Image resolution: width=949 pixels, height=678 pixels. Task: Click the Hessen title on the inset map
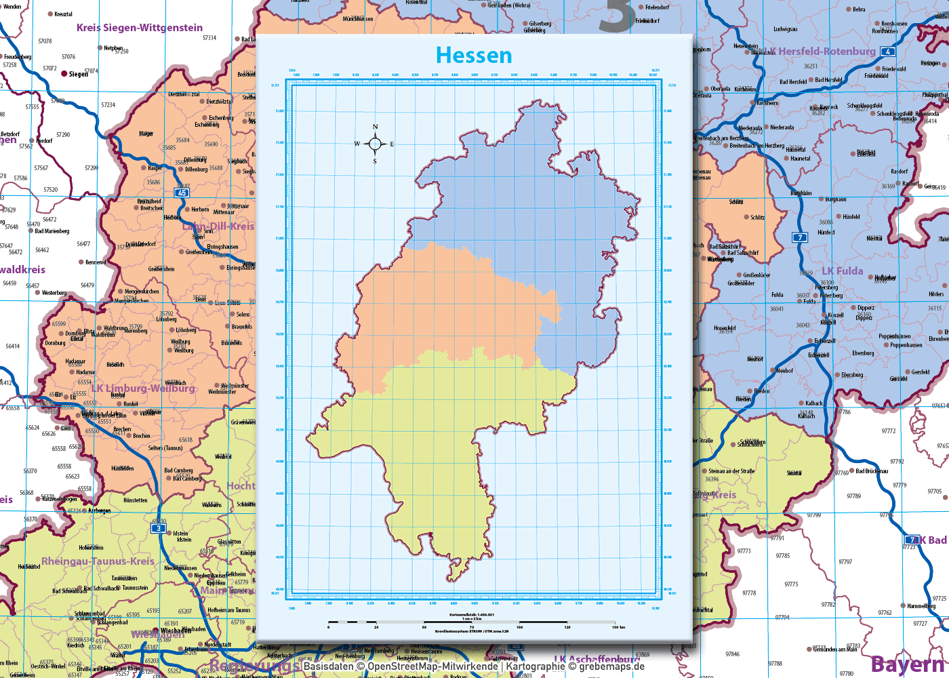[x=474, y=55]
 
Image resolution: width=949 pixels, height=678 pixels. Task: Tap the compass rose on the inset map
[x=375, y=144]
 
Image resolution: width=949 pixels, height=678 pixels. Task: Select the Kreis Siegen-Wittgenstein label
[x=140, y=28]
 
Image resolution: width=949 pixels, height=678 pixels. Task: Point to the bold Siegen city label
[x=79, y=74]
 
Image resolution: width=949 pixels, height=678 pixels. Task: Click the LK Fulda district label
[x=843, y=271]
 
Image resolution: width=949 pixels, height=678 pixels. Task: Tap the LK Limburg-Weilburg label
[x=143, y=388]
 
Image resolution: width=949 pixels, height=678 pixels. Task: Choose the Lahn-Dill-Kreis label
[x=218, y=226]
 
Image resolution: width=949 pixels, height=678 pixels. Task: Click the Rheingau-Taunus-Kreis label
[x=98, y=561]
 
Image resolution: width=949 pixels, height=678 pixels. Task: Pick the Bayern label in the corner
[x=908, y=664]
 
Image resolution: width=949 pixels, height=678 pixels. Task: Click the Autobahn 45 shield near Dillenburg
[x=182, y=193]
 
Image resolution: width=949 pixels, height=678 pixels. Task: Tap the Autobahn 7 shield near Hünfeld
[x=801, y=237]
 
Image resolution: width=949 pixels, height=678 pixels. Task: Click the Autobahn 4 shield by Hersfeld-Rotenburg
[x=887, y=52]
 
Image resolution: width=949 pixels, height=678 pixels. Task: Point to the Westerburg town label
[x=54, y=293]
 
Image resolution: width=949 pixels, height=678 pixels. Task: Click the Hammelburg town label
[x=921, y=606]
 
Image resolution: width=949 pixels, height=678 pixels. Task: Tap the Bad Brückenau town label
[x=872, y=471]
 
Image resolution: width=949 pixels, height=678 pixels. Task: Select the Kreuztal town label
[x=63, y=14]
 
